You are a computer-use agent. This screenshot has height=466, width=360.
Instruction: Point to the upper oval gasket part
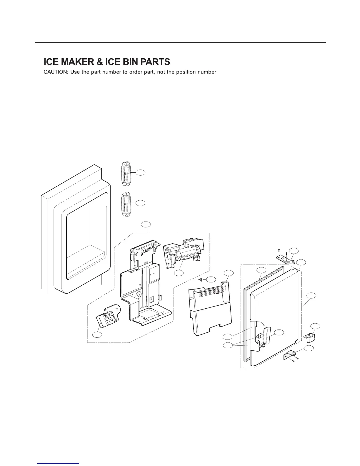coord(125,174)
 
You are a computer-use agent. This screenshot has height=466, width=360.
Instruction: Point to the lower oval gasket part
coord(125,204)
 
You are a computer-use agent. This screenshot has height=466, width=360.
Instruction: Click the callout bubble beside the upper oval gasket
coord(141,172)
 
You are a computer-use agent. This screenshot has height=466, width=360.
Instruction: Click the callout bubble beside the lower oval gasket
coord(141,202)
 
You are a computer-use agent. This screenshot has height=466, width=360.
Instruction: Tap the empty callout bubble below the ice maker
coord(179,273)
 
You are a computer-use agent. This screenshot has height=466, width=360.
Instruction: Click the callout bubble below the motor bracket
coord(97,334)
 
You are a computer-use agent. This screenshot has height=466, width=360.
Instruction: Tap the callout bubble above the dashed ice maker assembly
coord(146,224)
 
